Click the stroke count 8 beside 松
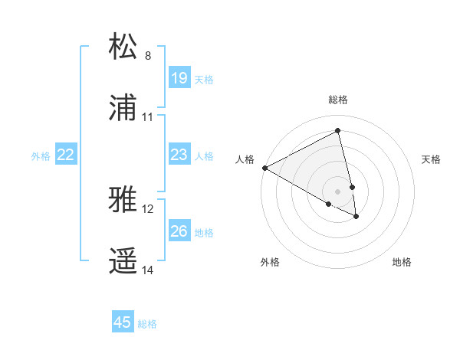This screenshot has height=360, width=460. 148,56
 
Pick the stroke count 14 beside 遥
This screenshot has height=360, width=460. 148,270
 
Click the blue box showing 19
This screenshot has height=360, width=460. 179,78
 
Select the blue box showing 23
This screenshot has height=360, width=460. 179,155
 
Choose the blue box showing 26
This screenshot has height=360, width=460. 179,231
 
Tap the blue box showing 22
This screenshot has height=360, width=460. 66,155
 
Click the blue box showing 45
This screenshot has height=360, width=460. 123,322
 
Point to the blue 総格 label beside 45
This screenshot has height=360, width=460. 147,324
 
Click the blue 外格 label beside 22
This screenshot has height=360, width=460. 41,156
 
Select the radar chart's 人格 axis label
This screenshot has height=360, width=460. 245,159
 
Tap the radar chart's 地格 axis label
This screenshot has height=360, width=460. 402,263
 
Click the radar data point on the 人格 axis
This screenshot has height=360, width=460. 264,168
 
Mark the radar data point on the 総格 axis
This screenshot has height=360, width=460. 338,131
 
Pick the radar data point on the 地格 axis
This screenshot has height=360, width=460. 356,217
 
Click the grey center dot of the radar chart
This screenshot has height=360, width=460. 338,191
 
